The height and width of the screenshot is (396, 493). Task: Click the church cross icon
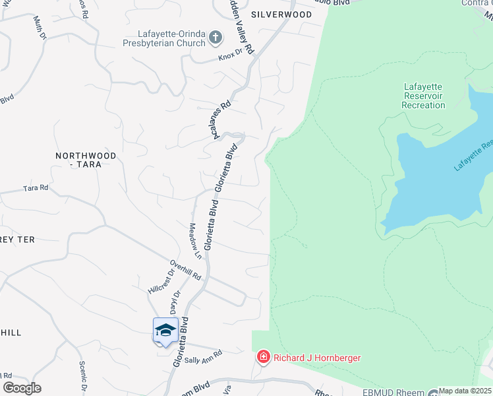point(215,38)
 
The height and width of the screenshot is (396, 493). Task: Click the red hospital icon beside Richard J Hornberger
point(264,357)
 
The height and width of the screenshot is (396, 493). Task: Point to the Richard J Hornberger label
point(317,358)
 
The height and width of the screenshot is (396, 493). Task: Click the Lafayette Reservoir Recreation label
point(423,96)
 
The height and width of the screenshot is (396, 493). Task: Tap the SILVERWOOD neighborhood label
point(281,14)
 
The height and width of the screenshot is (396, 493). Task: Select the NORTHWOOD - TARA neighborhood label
point(86,160)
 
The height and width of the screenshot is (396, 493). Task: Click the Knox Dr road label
point(232,58)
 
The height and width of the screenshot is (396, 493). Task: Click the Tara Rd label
point(36,188)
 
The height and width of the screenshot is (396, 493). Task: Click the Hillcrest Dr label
point(161,280)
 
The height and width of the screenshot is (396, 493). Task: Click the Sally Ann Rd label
point(203,359)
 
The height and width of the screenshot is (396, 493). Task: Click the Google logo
point(22,388)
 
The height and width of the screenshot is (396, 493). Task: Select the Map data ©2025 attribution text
point(465,391)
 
